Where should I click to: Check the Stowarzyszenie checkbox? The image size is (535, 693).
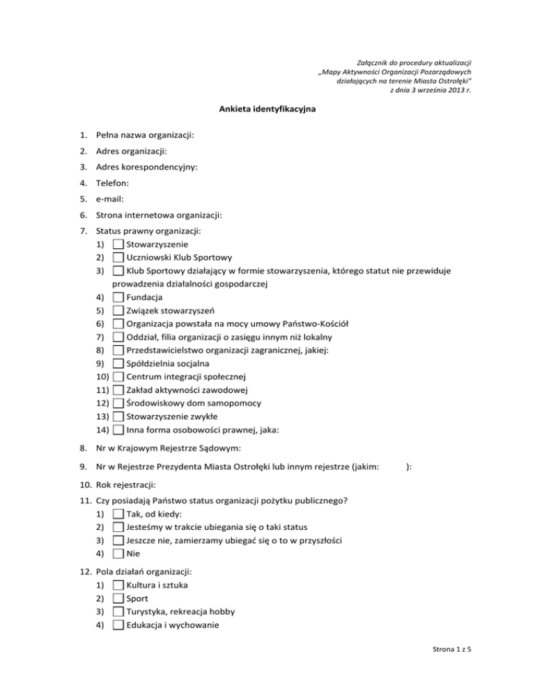(118, 245)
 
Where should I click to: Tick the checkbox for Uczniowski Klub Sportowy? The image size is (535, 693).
(118, 258)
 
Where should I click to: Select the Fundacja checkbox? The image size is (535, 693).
(118, 298)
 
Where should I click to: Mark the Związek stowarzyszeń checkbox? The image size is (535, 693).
(118, 311)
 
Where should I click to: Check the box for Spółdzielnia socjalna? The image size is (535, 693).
(118, 364)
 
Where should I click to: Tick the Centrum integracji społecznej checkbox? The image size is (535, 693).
(118, 377)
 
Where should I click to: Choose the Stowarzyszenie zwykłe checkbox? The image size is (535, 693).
(118, 417)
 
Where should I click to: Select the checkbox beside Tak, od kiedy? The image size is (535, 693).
(118, 514)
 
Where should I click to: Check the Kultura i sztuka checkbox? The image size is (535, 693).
(118, 585)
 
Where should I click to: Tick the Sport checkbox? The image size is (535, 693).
(118, 598)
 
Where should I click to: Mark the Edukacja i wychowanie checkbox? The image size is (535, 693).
(118, 625)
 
